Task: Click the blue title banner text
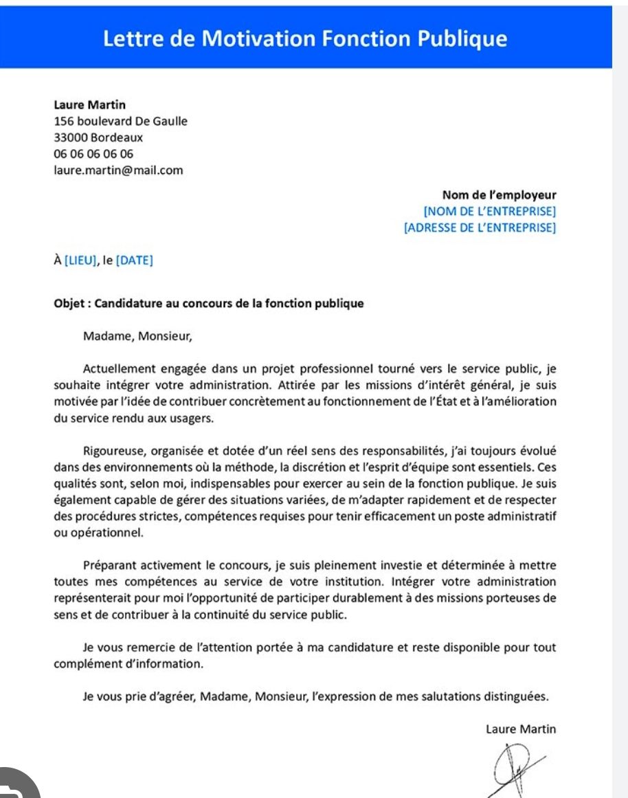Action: coord(305,38)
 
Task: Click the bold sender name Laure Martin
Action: coord(89,105)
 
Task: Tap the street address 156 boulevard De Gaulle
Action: coord(120,122)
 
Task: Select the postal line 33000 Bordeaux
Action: coord(98,137)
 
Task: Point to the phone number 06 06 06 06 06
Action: coord(93,154)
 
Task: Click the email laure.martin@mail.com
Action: coord(118,170)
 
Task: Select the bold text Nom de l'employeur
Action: coord(499,195)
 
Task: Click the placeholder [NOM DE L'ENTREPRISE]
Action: coord(490,211)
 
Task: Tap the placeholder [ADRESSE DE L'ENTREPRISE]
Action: coord(480,228)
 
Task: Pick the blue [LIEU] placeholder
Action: coord(81,261)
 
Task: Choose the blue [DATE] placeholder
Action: coord(135,261)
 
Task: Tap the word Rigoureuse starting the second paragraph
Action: coord(113,452)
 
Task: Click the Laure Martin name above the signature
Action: coord(520,729)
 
